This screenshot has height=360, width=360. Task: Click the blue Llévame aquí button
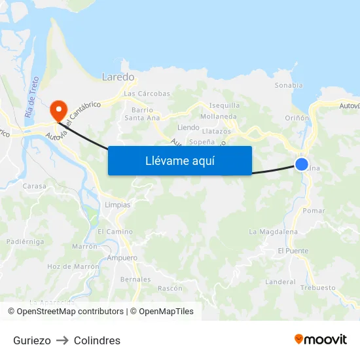[x=179, y=160]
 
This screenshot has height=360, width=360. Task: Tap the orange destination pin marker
[x=58, y=109]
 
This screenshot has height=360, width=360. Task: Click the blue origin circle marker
[x=301, y=164]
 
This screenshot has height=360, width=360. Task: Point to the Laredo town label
[x=118, y=77]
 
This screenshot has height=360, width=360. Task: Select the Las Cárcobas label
[x=147, y=94]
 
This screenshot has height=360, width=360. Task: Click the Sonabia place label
[x=289, y=85]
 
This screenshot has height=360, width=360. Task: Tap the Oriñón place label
[x=297, y=118]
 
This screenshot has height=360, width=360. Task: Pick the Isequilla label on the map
[x=224, y=105]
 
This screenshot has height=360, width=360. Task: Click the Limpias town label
[x=117, y=205]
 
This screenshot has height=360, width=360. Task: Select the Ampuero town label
[x=122, y=258]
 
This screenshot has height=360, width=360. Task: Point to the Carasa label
[x=35, y=186]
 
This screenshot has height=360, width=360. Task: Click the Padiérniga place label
[x=25, y=241]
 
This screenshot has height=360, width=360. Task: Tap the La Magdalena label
[x=273, y=232]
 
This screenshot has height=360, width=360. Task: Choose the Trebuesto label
[x=317, y=287]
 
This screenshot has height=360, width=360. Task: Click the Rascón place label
[x=170, y=288]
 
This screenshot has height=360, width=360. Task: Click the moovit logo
[x=321, y=339]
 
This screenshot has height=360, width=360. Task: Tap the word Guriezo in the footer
[x=31, y=340]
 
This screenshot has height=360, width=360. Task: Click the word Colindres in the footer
[x=97, y=340]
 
